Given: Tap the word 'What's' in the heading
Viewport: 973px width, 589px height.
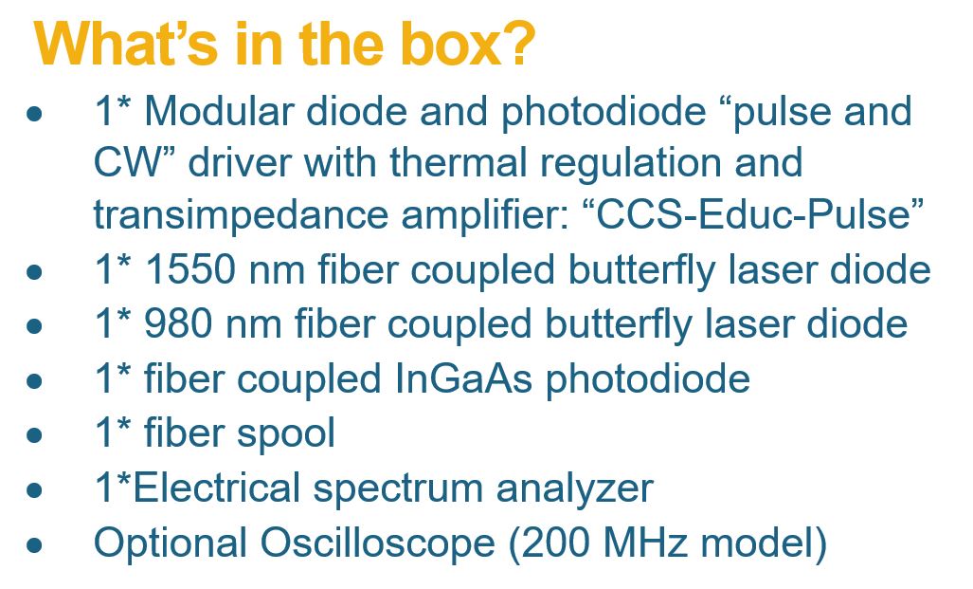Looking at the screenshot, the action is click(125, 44).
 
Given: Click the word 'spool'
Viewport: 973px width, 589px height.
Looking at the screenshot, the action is click(286, 433).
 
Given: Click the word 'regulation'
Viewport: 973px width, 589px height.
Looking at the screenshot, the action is click(630, 163).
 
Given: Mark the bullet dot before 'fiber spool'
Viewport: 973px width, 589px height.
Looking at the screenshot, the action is click(35, 434).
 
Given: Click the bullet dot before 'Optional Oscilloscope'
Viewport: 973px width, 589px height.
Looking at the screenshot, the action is click(35, 544).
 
